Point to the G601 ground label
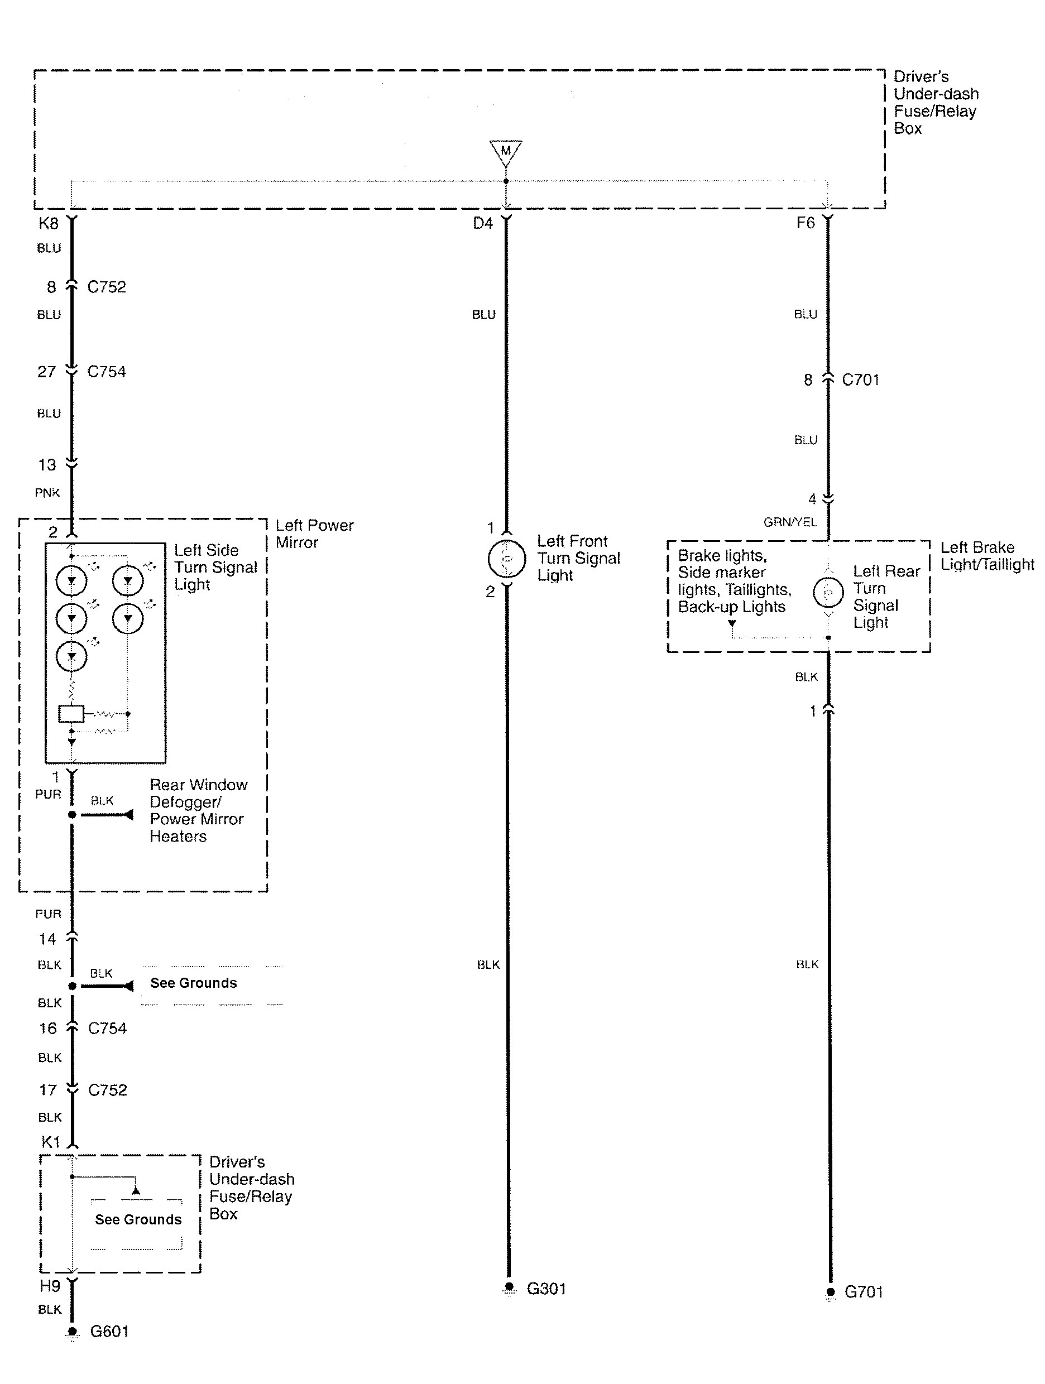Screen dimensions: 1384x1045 pyautogui.click(x=109, y=1331)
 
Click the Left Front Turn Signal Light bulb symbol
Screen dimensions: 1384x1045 pyautogui.click(x=506, y=558)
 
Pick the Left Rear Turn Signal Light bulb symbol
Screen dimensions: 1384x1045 pyautogui.click(x=828, y=592)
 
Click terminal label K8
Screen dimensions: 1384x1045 pyautogui.click(x=48, y=223)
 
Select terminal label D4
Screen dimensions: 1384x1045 pyautogui.click(x=482, y=223)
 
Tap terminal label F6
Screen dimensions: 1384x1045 pyautogui.click(x=806, y=223)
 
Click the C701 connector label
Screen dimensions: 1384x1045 pyautogui.click(x=860, y=380)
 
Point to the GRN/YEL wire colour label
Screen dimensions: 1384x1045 pyautogui.click(x=790, y=522)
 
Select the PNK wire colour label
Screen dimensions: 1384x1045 pyautogui.click(x=47, y=492)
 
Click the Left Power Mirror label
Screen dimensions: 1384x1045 pyautogui.click(x=314, y=534)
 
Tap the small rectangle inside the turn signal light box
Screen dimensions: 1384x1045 pyautogui.click(x=71, y=713)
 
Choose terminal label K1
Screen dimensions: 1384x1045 pyautogui.click(x=50, y=1142)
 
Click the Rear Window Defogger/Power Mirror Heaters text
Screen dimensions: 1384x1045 pyautogui.click(x=198, y=810)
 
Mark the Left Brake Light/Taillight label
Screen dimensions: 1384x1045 pyautogui.click(x=987, y=556)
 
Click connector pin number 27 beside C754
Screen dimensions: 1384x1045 pyautogui.click(x=47, y=372)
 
